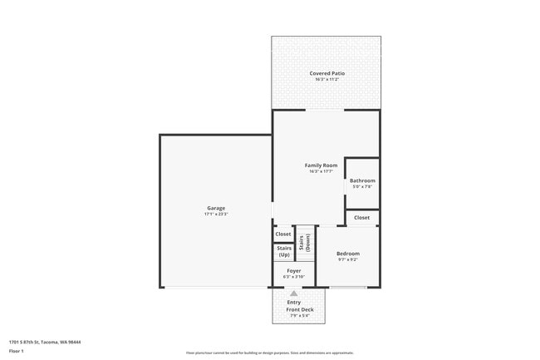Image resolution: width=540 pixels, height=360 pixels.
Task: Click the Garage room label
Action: point(216,208)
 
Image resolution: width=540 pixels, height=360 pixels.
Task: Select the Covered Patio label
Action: point(326,73)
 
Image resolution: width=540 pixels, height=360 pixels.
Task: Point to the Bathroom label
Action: point(362,180)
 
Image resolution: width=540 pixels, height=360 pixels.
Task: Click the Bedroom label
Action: point(348,254)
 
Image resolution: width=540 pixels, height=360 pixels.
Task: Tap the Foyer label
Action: point(294,271)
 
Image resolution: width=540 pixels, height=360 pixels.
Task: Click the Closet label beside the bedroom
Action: point(362,217)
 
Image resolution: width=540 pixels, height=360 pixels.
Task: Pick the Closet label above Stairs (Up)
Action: point(283,234)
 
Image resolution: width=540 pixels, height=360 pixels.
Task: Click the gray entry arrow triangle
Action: point(293,293)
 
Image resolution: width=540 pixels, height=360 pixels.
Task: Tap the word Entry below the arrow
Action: point(294,302)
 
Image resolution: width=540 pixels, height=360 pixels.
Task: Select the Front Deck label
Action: point(299,309)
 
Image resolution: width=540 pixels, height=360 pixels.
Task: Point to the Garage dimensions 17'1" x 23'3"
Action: point(216,215)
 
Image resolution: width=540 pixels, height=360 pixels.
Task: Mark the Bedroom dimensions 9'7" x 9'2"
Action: point(348,260)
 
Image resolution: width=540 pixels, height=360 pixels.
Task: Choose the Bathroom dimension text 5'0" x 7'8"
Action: point(362,187)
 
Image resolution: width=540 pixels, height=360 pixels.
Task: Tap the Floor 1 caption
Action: point(17,351)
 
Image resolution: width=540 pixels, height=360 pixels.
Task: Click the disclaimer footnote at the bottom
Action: point(270,353)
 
